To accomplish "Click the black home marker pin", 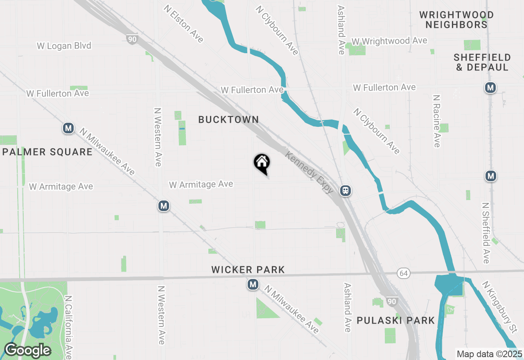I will (262, 163).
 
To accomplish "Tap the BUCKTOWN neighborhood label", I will (228, 119).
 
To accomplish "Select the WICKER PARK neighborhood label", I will (248, 270).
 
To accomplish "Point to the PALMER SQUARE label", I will (47, 152).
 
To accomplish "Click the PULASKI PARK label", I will (395, 320).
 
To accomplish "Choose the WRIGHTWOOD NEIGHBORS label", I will (456, 20).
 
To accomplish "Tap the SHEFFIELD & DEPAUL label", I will (482, 62).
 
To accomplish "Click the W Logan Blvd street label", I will (64, 46).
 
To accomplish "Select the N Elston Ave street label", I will (184, 24).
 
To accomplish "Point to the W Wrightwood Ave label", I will (389, 41).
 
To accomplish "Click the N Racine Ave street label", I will (436, 121).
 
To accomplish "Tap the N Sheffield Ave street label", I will (486, 233).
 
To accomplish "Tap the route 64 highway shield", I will (403, 272).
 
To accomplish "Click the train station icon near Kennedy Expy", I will (346, 191).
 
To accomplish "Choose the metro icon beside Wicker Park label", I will (253, 284).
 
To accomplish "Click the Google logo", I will (27, 350).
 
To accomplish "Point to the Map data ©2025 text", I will (489, 354).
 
